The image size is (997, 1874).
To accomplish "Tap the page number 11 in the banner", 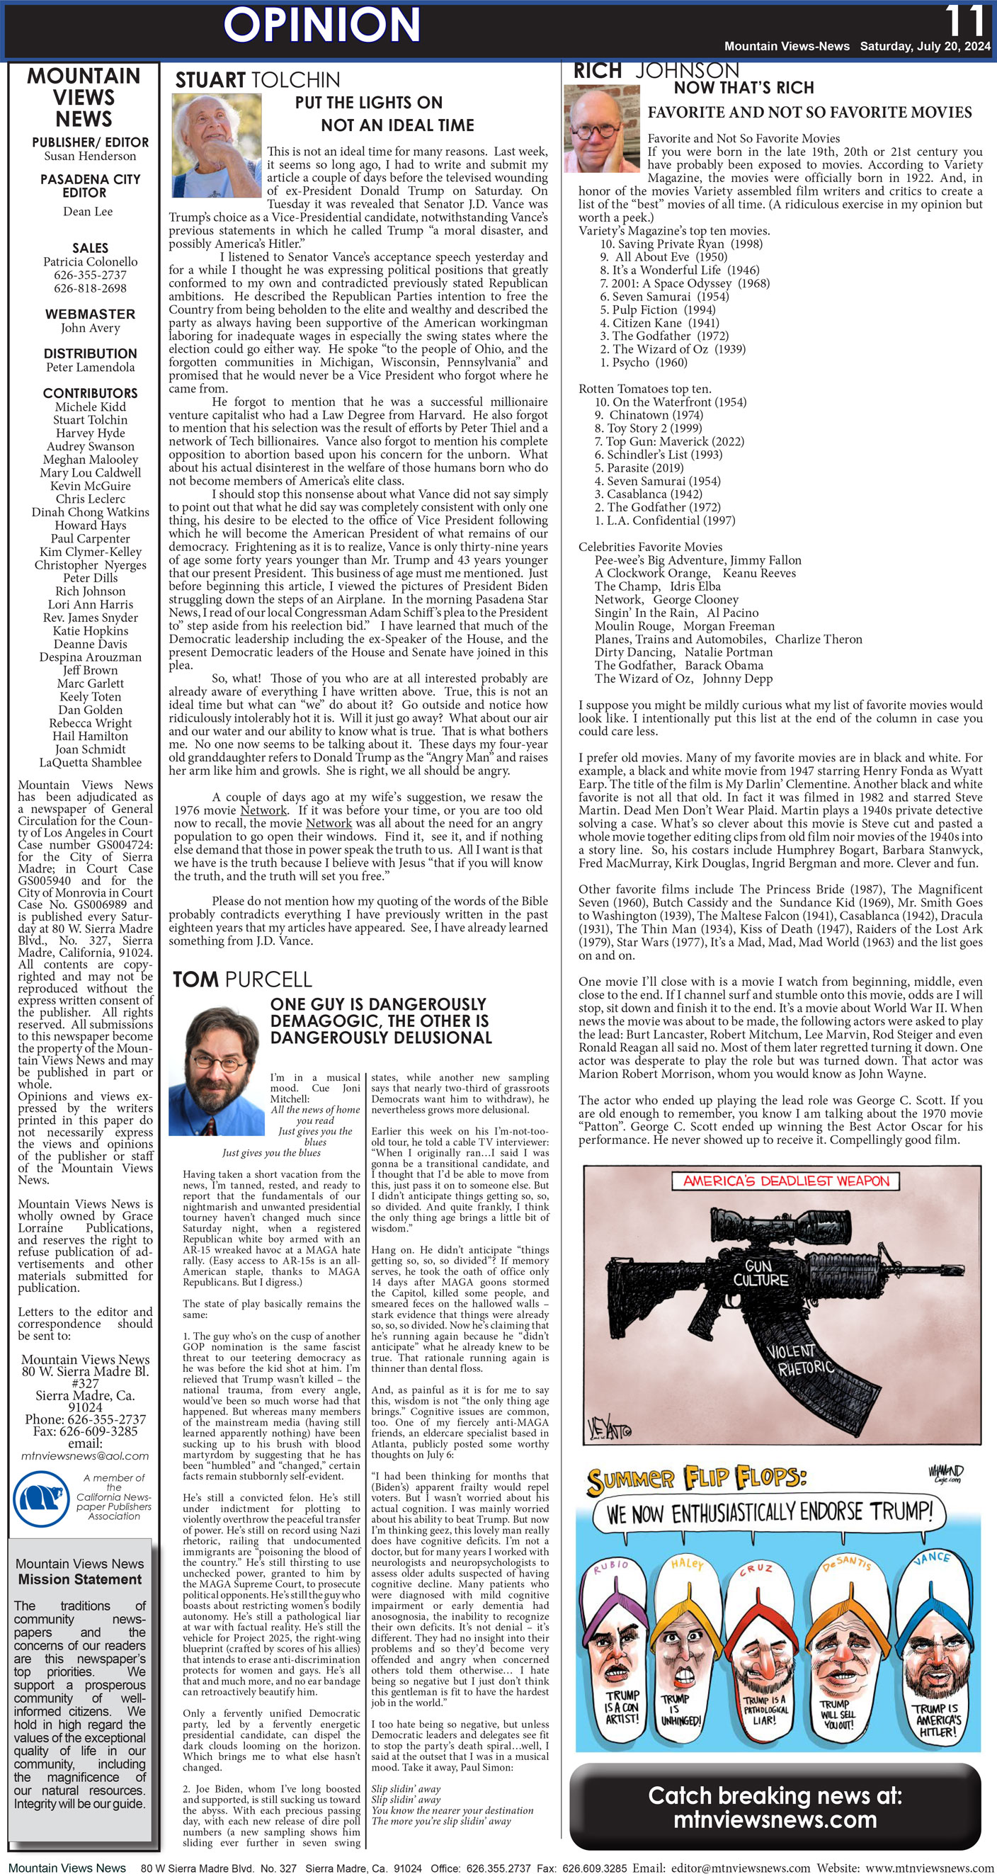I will [965, 21].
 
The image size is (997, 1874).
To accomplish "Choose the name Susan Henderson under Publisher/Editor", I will [89, 156].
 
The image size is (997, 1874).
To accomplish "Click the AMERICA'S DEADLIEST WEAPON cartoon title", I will [785, 1181].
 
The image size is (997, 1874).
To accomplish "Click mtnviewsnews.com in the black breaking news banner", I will [775, 1819].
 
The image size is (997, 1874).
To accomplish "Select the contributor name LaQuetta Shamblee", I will [90, 762].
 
